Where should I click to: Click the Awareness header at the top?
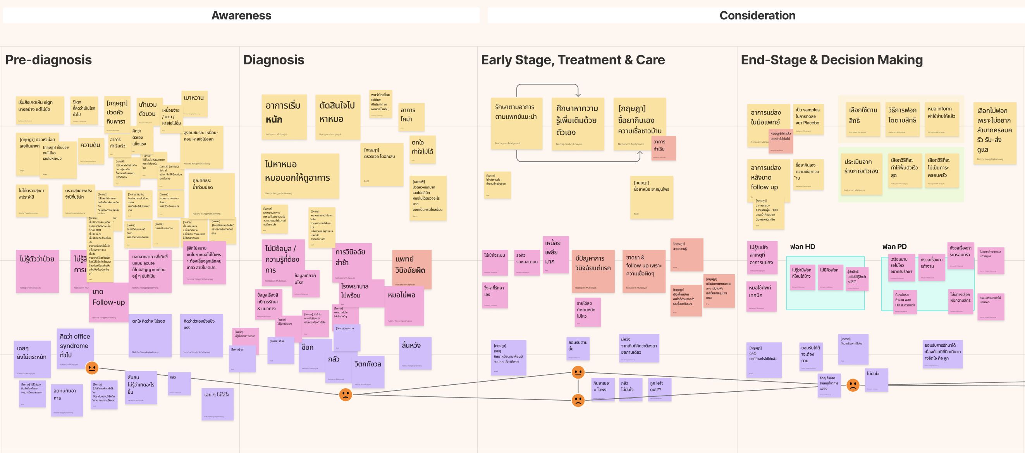click(241, 16)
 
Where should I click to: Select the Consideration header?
click(757, 16)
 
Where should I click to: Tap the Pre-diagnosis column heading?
click(48, 60)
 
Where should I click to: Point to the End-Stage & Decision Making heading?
click(832, 60)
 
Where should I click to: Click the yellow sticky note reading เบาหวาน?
click(194, 103)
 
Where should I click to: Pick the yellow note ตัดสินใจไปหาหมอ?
click(337, 116)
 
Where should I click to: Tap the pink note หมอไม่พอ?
click(403, 305)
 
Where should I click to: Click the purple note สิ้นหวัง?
click(414, 352)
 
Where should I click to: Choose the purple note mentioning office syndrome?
click(75, 345)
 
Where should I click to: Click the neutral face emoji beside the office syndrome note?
click(92, 367)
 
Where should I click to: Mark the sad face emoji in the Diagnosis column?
click(346, 394)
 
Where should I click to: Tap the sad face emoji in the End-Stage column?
click(853, 384)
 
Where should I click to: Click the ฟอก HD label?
click(802, 247)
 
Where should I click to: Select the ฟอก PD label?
click(894, 247)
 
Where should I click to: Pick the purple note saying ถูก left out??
click(659, 389)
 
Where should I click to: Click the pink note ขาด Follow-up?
click(108, 302)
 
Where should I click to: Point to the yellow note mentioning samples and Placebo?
click(808, 118)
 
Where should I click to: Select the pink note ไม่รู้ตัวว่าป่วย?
click(37, 271)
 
